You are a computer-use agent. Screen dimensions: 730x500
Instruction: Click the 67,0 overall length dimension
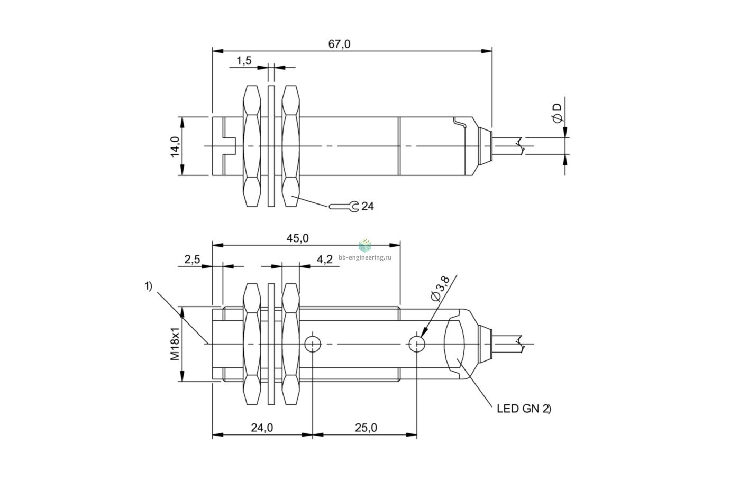pyautogui.click(x=339, y=44)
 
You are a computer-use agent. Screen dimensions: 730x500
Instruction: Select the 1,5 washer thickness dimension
pyautogui.click(x=244, y=61)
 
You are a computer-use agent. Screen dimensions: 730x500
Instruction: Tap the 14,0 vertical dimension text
pyautogui.click(x=175, y=146)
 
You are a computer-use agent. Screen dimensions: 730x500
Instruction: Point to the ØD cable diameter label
pyautogui.click(x=557, y=113)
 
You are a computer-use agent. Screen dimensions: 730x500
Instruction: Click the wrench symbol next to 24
pyautogui.click(x=344, y=206)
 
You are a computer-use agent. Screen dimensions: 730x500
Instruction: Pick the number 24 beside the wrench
pyautogui.click(x=368, y=206)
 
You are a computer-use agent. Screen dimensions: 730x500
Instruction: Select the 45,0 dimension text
pyautogui.click(x=297, y=238)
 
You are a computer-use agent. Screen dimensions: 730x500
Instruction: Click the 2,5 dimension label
pyautogui.click(x=192, y=260)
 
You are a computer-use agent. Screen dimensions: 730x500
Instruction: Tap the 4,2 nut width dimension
pyautogui.click(x=325, y=260)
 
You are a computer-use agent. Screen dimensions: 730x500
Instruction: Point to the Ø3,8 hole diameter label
pyautogui.click(x=440, y=289)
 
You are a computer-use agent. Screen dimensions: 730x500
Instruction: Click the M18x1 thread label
pyautogui.click(x=175, y=344)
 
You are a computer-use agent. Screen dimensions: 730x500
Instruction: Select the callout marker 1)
pyautogui.click(x=148, y=286)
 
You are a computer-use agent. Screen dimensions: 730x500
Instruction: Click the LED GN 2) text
pyautogui.click(x=524, y=409)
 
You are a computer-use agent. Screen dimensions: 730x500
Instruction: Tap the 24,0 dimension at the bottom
pyautogui.click(x=262, y=428)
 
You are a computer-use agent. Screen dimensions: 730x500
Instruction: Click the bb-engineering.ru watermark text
pyautogui.click(x=365, y=257)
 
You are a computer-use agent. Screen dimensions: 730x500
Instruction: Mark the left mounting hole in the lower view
pyautogui.click(x=313, y=344)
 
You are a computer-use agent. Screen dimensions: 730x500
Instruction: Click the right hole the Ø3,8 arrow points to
pyautogui.click(x=417, y=344)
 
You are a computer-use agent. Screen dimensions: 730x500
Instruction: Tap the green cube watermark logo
pyautogui.click(x=365, y=245)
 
